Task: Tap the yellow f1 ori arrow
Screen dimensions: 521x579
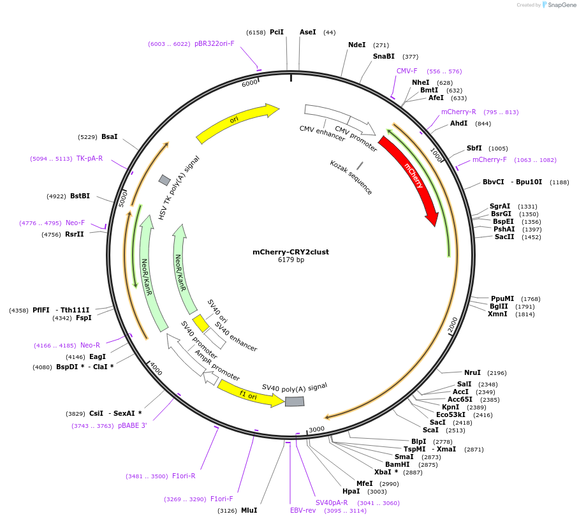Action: point(249,394)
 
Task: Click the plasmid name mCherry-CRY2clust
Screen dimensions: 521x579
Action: point(291,252)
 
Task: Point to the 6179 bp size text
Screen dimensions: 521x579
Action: point(291,260)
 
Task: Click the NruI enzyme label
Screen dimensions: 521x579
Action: point(472,372)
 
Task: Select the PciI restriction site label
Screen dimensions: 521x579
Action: point(277,32)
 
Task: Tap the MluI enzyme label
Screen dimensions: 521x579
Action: point(249,510)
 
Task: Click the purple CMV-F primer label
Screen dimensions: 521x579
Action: point(407,71)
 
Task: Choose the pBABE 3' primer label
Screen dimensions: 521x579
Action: point(132,425)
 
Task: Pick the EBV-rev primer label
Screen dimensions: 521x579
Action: point(303,510)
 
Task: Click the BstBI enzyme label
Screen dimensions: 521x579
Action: point(80,196)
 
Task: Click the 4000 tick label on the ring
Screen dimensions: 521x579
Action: point(156,369)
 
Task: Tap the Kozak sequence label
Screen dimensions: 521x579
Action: point(351,177)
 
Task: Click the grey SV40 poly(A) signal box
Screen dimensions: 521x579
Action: point(295,401)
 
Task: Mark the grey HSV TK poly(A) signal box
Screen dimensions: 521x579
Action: point(165,180)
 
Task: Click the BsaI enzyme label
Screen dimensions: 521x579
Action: point(109,136)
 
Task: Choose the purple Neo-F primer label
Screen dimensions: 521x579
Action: point(75,223)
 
